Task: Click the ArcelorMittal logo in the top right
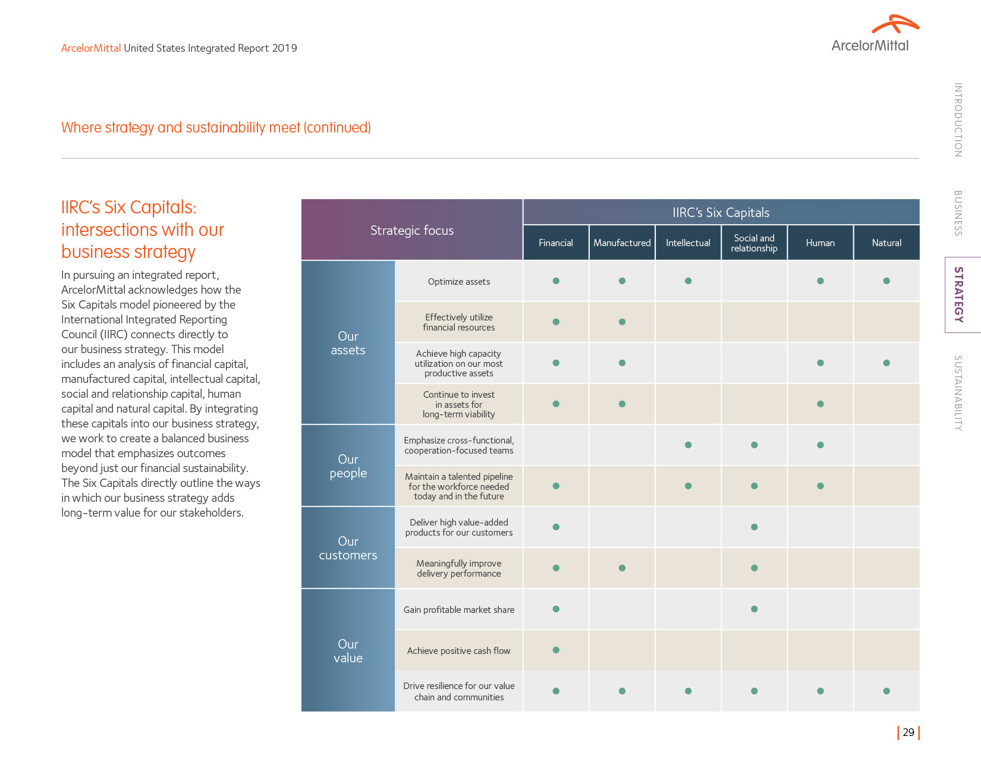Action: click(x=875, y=34)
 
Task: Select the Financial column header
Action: click(x=556, y=243)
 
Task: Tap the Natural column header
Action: click(x=886, y=243)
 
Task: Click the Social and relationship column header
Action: click(x=754, y=243)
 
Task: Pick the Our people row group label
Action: click(x=348, y=466)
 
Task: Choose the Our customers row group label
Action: click(x=348, y=548)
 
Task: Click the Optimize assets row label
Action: click(x=459, y=281)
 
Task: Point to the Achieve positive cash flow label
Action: click(x=459, y=650)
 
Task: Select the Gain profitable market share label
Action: click(x=459, y=609)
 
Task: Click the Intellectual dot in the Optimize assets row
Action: click(x=688, y=281)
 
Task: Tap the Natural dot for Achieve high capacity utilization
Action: click(x=886, y=363)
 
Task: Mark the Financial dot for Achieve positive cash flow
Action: click(x=556, y=650)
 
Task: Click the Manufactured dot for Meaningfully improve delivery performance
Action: click(x=622, y=568)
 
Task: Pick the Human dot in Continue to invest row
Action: click(x=820, y=404)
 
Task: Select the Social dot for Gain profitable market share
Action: click(x=754, y=609)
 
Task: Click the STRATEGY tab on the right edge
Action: click(x=958, y=294)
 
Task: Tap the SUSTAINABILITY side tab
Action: click(x=958, y=393)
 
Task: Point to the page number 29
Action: click(x=908, y=732)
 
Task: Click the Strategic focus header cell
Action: click(x=412, y=230)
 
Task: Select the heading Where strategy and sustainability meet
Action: click(x=216, y=127)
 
